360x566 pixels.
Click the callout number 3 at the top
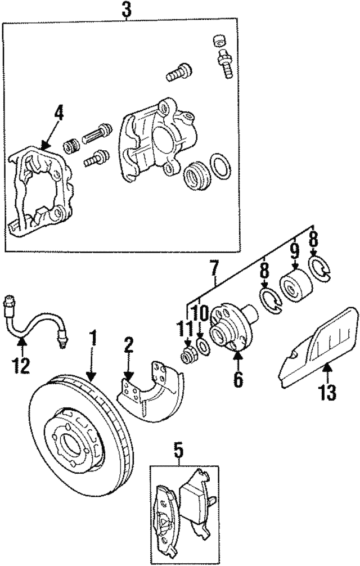127,10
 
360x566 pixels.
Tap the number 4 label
58,113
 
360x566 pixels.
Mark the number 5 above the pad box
178,450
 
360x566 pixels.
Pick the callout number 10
201,311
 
